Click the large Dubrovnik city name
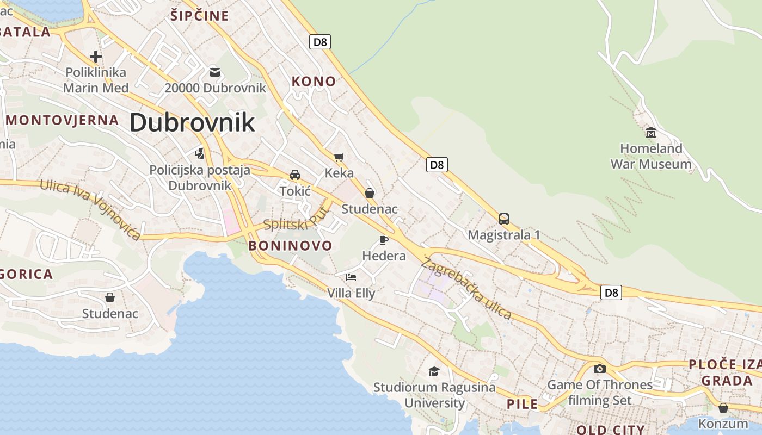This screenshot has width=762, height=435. click(x=192, y=122)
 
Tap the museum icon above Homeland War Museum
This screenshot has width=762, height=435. click(x=650, y=132)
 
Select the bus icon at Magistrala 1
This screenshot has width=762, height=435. click(x=504, y=219)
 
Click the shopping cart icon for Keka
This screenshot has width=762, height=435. click(x=339, y=158)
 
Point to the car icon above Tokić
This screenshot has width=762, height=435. click(x=295, y=175)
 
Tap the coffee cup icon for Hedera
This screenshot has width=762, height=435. click(x=384, y=240)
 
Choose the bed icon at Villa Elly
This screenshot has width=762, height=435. click(x=351, y=277)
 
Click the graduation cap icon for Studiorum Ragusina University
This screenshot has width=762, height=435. click(x=434, y=371)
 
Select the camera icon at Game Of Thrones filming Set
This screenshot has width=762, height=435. click(x=599, y=369)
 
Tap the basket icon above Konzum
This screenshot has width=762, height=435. click(x=723, y=407)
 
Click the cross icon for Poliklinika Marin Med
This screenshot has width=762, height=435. click(x=96, y=56)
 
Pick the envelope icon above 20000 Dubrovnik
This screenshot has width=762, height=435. click(x=215, y=72)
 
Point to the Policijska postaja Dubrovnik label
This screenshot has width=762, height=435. click(x=200, y=178)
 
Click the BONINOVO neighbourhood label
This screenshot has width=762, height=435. click(x=290, y=246)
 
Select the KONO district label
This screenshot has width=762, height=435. click(x=314, y=82)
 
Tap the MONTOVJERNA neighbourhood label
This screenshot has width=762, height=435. click(x=62, y=120)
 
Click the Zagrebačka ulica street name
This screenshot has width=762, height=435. click(x=466, y=288)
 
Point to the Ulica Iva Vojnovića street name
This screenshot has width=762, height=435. click(x=90, y=209)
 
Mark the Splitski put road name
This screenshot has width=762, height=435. click(x=297, y=220)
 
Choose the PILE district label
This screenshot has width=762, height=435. click(x=522, y=404)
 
